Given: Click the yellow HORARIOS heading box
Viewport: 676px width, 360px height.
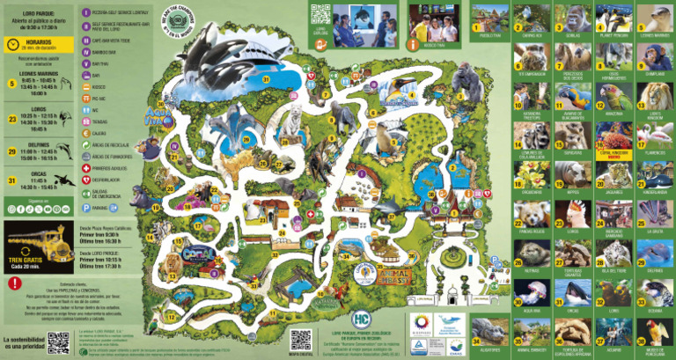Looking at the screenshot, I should pos(34,44).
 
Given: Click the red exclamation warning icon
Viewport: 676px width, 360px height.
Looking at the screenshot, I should pos(14,284).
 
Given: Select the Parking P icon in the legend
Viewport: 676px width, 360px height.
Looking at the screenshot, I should pos(85,209).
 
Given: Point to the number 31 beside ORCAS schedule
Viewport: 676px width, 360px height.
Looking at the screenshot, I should pos(12,182).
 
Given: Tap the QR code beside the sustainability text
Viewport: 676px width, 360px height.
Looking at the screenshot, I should pos(58,344).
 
